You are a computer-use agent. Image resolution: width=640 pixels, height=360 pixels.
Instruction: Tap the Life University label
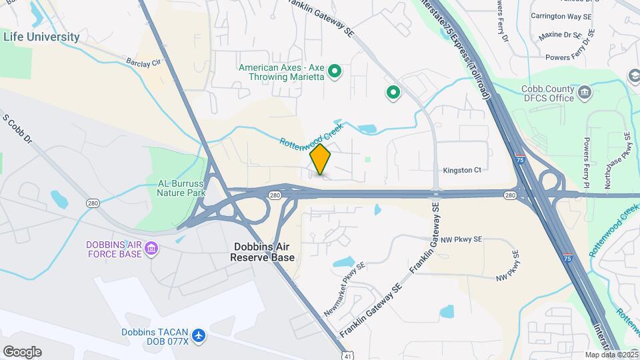[x=41, y=37]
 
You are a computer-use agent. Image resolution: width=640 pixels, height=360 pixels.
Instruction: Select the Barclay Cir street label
[x=143, y=62]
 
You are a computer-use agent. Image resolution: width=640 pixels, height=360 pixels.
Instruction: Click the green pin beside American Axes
[x=336, y=70]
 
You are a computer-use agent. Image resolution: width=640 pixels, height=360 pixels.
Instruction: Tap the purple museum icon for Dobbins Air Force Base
[x=151, y=249]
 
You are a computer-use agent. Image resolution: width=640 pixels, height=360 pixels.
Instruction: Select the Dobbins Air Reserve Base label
[x=263, y=251]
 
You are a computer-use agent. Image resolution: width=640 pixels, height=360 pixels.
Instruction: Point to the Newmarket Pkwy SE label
[x=345, y=289]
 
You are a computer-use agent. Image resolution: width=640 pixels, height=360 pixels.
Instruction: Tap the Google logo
[x=22, y=351]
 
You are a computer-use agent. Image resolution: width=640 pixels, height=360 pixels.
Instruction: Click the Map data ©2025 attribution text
[x=610, y=355]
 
